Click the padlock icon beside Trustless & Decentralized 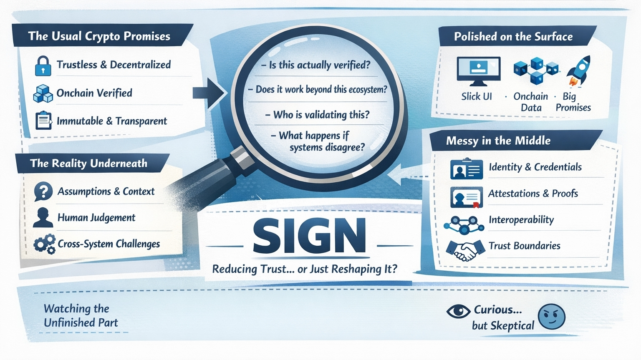pyautogui.click(x=43, y=66)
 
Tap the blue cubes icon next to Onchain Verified pyautogui.click(x=43, y=93)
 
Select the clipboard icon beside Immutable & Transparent pyautogui.click(x=43, y=121)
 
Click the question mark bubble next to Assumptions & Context pyautogui.click(x=43, y=191)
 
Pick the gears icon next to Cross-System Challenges pyautogui.click(x=44, y=244)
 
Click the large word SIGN pyautogui.click(x=309, y=236)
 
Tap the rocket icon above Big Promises pyautogui.click(x=578, y=71)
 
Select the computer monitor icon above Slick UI pyautogui.click(x=479, y=69)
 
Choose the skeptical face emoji pyautogui.click(x=551, y=317)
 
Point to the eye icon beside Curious pyautogui.click(x=458, y=311)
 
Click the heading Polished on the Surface pyautogui.click(x=513, y=37)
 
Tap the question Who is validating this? pyautogui.click(x=320, y=115)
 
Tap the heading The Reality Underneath pyautogui.click(x=88, y=163)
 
